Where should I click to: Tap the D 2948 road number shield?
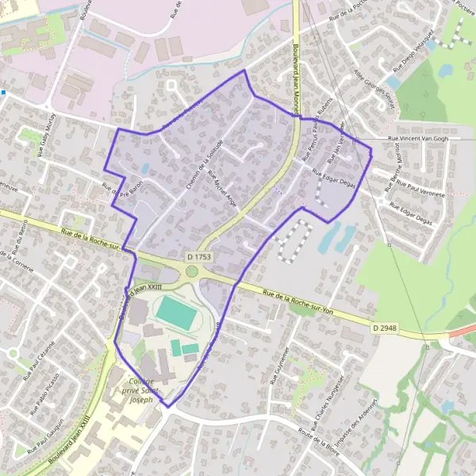(x=384, y=327)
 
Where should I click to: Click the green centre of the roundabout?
(x=192, y=272)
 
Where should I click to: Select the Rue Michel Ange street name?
(x=221, y=192)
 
